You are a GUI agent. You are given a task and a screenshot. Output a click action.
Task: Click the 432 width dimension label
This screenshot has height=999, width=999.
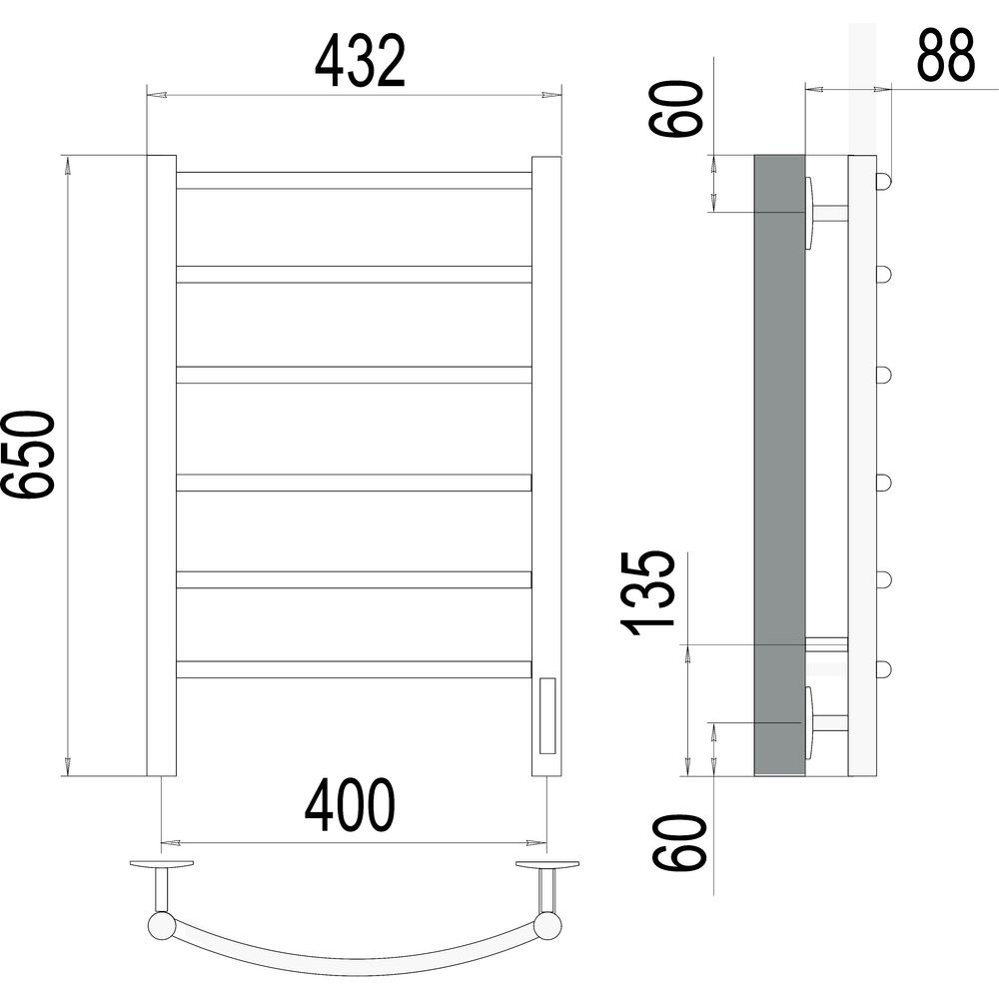tap(360, 61)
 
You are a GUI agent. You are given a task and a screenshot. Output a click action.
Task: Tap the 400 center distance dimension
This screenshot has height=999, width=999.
tap(350, 804)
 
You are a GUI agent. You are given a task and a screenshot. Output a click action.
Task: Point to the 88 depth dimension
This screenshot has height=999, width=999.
tap(946, 55)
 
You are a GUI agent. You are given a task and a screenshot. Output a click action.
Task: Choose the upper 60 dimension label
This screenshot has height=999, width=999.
tap(676, 108)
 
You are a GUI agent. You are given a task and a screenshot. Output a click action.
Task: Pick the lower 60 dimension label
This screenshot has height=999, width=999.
tap(680, 842)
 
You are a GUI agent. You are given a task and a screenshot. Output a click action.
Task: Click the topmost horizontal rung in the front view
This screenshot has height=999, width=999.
tap(355, 180)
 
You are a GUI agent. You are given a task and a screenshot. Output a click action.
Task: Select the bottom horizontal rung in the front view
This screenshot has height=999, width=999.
tap(355, 669)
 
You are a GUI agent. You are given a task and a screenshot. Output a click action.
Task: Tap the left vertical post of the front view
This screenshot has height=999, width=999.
tap(162, 466)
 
